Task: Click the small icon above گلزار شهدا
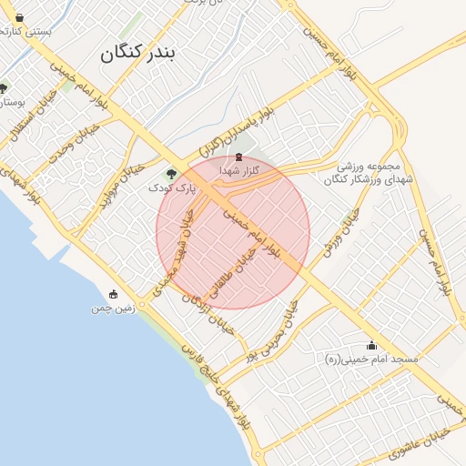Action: pos(239,157)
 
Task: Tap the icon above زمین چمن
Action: pos(113,294)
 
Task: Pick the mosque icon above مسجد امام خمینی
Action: pos(371,346)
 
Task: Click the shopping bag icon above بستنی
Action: pos(19,17)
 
